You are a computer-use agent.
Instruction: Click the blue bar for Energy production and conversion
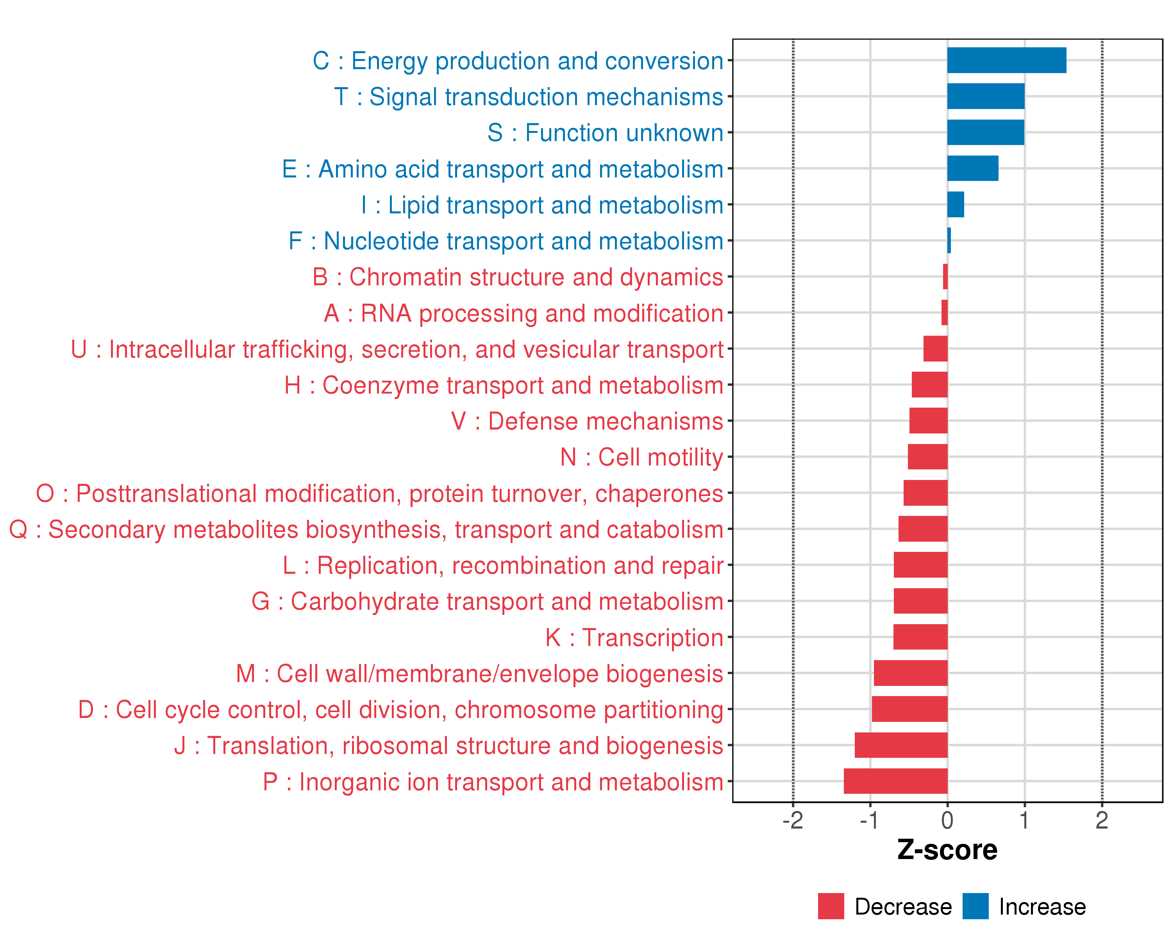coord(1006,60)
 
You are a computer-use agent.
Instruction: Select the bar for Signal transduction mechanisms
coord(986,96)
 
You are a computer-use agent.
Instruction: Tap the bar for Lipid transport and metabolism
coord(955,204)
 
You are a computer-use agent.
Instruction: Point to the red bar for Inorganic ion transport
coord(895,781)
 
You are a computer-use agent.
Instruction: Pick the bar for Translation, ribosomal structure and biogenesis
coord(901,745)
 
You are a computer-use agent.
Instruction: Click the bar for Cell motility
coord(927,457)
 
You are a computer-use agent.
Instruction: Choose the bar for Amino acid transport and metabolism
coord(972,168)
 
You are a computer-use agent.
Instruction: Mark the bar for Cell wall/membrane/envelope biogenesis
coord(911,673)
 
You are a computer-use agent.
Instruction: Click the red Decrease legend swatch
coord(831,906)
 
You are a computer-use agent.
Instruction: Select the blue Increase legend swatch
coord(975,906)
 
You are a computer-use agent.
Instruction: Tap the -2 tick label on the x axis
coord(793,820)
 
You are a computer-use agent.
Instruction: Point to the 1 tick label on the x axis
coord(1025,820)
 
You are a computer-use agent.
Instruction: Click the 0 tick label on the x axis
coord(947,820)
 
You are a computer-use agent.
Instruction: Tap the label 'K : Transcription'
coord(634,638)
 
